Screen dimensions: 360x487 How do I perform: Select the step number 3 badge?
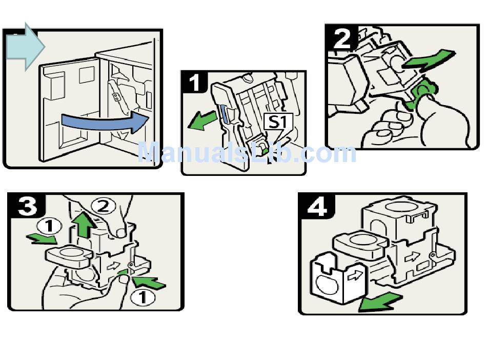27,207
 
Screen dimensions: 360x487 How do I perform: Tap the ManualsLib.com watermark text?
246,152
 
